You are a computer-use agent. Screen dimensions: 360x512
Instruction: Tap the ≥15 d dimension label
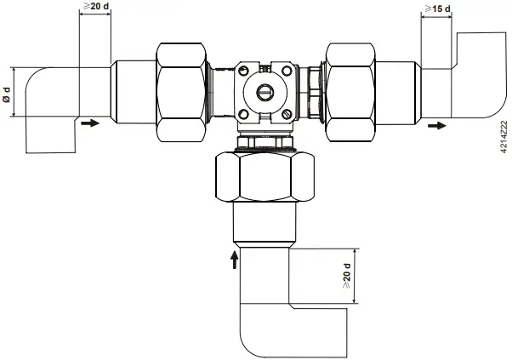click(x=438, y=9)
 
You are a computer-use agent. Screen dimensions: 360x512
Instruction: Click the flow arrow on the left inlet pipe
click(x=88, y=123)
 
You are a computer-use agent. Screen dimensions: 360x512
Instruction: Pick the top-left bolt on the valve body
click(x=243, y=69)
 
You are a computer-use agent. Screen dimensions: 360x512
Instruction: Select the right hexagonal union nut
click(x=351, y=89)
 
